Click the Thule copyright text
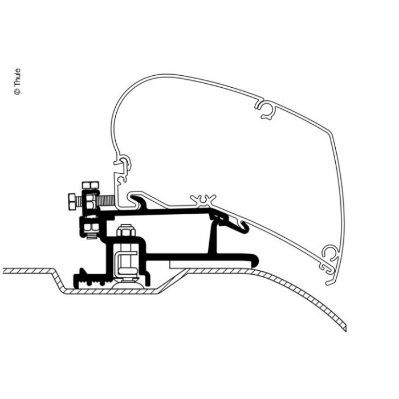click(18, 82)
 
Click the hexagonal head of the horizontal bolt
click(70, 202)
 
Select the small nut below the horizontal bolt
click(89, 227)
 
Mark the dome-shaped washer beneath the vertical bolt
click(126, 279)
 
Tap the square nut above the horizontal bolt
click(90, 186)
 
